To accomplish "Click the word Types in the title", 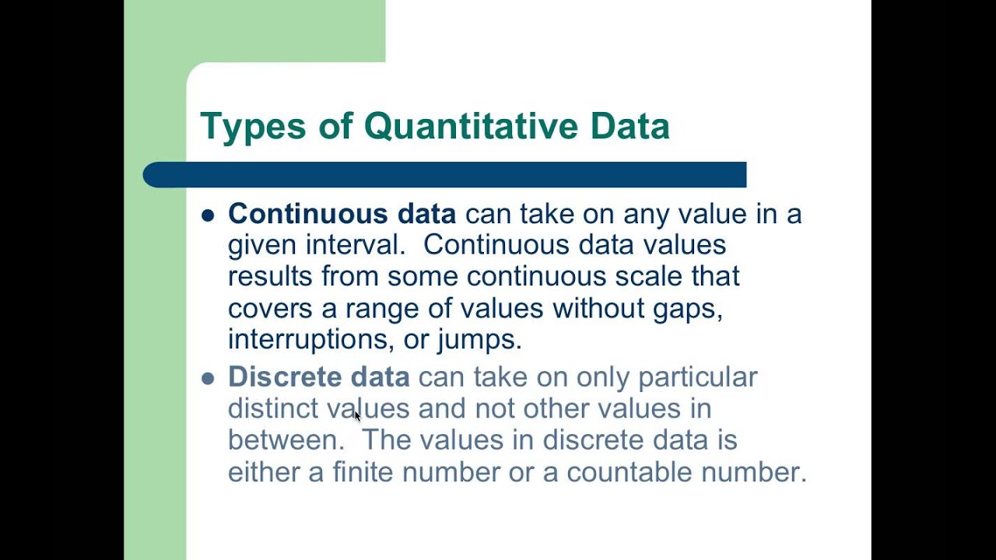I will point(251,127).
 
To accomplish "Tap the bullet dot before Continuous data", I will point(208,215).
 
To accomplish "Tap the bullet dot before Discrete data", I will point(208,379).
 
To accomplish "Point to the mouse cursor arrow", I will point(357,416).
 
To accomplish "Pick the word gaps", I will point(689,309).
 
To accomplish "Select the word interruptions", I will point(309,339).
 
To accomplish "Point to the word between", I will point(286,440).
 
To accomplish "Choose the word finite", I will point(363,472).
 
